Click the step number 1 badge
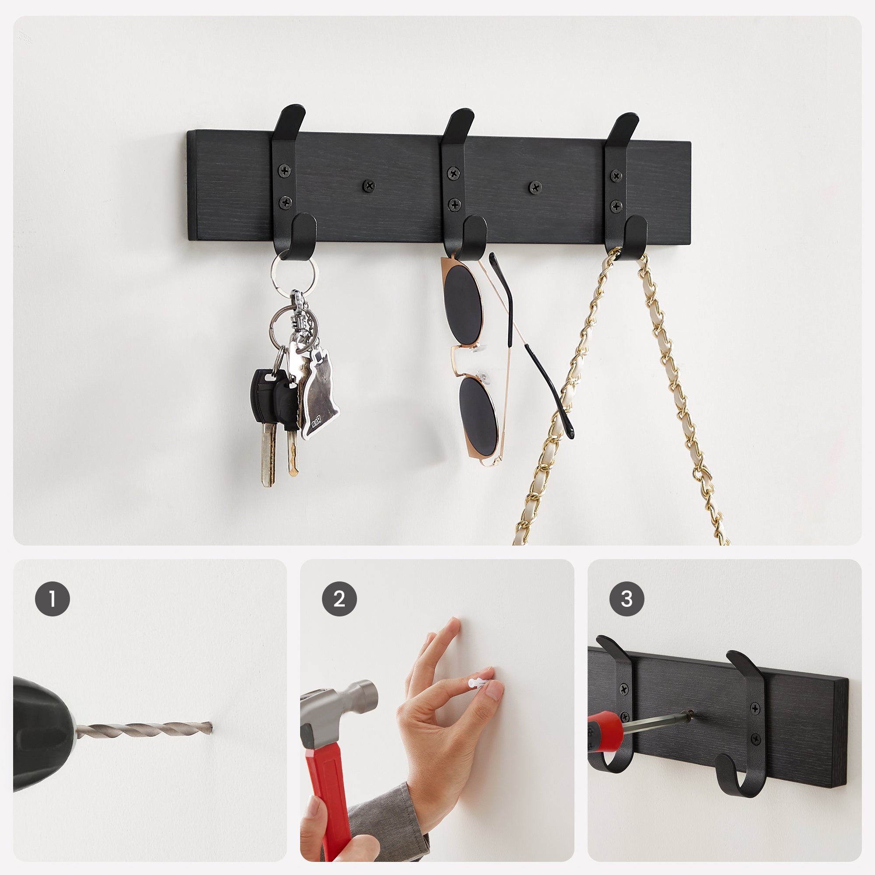pos(52,599)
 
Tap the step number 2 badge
pos(339,599)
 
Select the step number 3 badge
pos(626,599)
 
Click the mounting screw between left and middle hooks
pos(369,185)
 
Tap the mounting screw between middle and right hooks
pos(535,187)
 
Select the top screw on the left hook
pos(284,171)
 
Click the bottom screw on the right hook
pos(616,206)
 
